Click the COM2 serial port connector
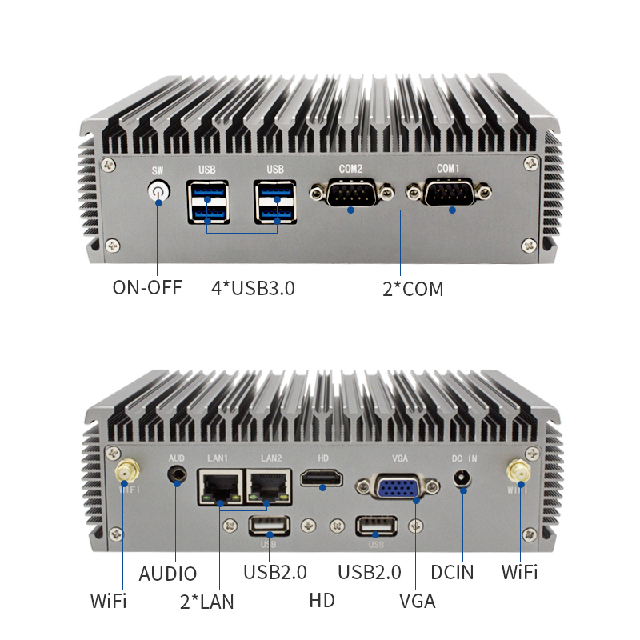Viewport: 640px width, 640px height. click(x=351, y=192)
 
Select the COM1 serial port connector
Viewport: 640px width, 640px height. click(x=449, y=192)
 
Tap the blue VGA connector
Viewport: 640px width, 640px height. click(x=398, y=486)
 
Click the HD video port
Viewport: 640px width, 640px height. click(x=322, y=478)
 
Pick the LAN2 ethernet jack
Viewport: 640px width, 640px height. click(x=269, y=486)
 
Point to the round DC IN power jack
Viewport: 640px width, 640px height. click(x=462, y=478)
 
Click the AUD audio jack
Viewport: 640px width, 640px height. click(x=177, y=475)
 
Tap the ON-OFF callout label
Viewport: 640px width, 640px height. click(x=147, y=287)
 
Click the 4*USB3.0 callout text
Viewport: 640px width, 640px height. click(x=253, y=288)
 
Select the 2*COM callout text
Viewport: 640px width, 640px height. click(x=413, y=289)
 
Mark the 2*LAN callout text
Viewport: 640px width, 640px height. click(x=207, y=602)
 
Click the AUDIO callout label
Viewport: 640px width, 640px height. click(x=168, y=574)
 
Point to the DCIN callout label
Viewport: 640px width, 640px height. click(x=452, y=572)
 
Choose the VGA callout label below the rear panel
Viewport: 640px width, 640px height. click(x=417, y=602)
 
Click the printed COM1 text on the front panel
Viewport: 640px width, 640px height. click(x=448, y=169)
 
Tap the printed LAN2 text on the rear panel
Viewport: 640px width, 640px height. click(x=271, y=458)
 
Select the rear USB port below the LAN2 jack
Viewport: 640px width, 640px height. click(x=270, y=526)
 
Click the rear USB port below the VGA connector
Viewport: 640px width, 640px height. click(x=376, y=526)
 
